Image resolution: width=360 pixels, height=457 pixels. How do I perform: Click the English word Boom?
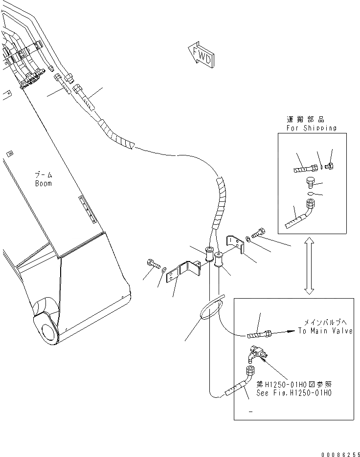tap(44, 183)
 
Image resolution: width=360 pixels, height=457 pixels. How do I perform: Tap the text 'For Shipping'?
tap(312, 128)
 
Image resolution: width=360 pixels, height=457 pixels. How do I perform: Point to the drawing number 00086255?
tap(337, 453)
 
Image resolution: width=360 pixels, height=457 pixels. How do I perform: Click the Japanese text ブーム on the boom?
tap(44, 175)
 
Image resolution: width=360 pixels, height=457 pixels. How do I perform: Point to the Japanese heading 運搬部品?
tap(305, 119)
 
